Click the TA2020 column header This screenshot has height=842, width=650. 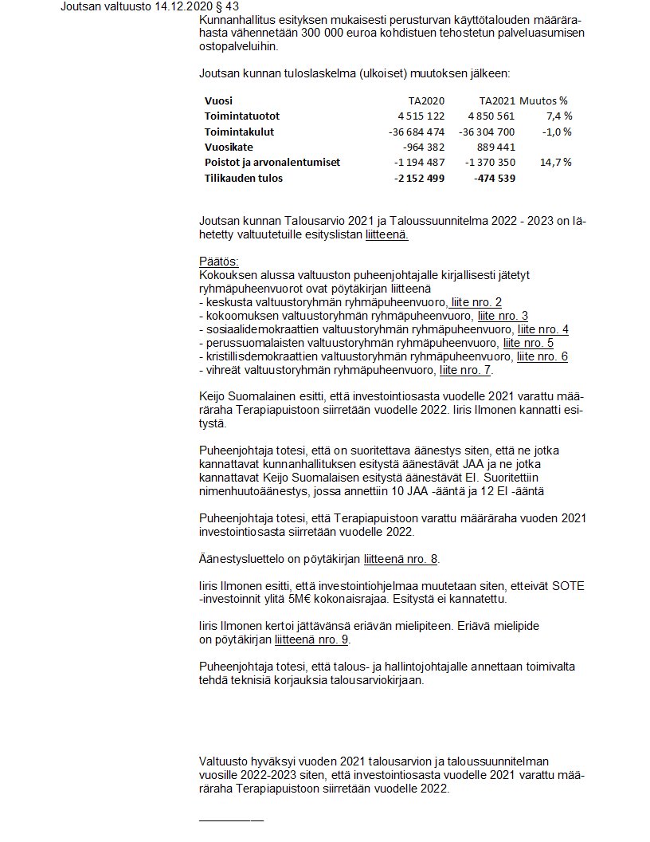(x=426, y=100)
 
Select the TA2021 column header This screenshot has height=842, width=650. (x=497, y=100)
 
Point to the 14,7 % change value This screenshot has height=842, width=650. (x=556, y=162)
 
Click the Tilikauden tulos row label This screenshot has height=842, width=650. (x=244, y=178)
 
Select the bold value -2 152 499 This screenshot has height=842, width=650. (x=419, y=178)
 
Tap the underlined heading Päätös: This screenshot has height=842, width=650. (x=219, y=262)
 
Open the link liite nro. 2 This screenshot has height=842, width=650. (x=476, y=302)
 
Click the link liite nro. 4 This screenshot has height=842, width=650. (x=542, y=329)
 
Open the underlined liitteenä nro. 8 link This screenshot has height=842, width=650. (x=401, y=558)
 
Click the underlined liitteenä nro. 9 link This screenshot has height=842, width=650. (x=311, y=639)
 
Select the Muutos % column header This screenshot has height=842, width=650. (x=544, y=100)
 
